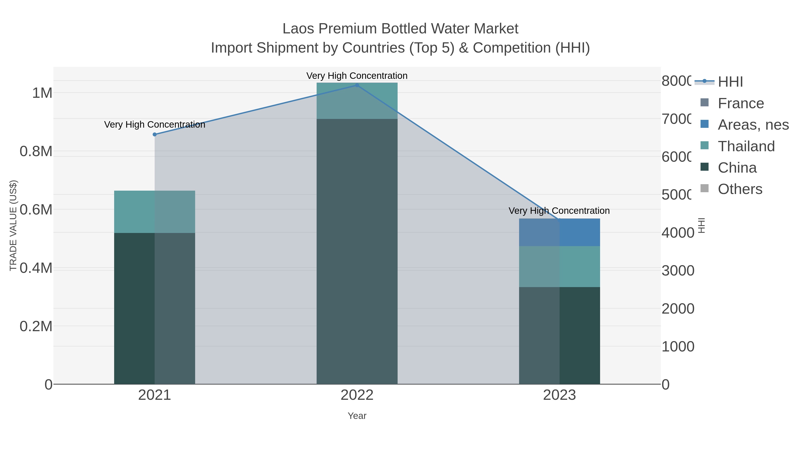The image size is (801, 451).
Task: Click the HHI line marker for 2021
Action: click(x=155, y=135)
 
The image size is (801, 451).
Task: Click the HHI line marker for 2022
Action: click(x=357, y=85)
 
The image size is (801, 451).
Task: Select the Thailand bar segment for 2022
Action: click(x=357, y=100)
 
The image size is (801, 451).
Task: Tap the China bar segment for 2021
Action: click(x=155, y=308)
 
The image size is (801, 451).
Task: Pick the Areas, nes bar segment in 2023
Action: click(x=559, y=232)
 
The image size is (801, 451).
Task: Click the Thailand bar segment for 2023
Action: click(x=559, y=266)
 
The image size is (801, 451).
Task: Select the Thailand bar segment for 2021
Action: click(x=155, y=212)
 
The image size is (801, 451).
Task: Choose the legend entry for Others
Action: click(x=740, y=189)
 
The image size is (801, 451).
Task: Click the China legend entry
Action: click(x=737, y=168)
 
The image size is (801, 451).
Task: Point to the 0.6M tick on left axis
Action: click(x=36, y=210)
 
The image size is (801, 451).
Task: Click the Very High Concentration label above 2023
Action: click(x=559, y=211)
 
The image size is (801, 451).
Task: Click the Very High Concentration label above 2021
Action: click(x=155, y=124)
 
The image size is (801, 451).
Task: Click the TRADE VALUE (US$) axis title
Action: click(x=13, y=225)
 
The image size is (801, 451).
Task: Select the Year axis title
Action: click(x=357, y=416)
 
